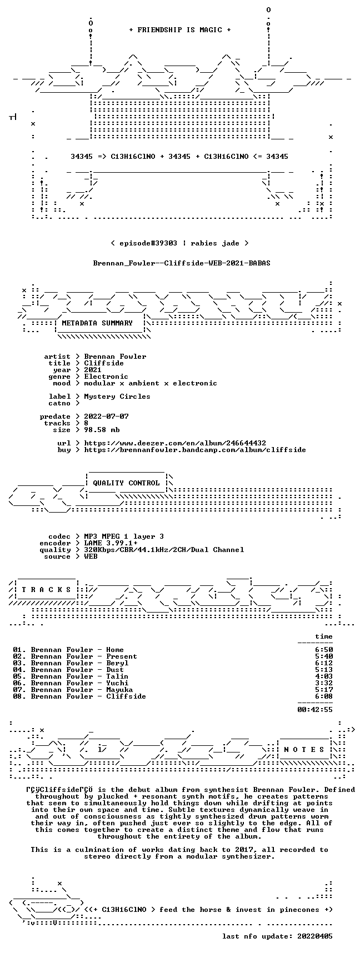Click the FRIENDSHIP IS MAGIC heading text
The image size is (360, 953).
point(179,30)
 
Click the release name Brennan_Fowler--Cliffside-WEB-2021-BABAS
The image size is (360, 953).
point(182,263)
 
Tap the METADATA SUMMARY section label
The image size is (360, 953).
point(97,323)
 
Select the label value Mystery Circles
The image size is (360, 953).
point(117,397)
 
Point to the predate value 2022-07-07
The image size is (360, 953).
point(106,417)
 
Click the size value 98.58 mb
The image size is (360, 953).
point(102,430)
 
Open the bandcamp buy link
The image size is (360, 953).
point(195,450)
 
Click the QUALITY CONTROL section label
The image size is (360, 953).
point(126,483)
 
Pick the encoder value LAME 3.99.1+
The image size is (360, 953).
point(111,543)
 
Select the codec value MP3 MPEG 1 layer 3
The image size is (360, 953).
point(124,536)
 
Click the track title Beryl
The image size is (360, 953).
point(117,663)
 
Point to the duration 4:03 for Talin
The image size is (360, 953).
point(324,676)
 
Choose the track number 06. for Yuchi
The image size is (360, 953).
point(19,683)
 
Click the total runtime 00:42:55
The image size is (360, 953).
point(315,709)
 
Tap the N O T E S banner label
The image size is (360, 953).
point(304,750)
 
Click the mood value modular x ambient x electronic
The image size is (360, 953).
point(151,383)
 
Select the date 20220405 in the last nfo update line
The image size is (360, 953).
point(315,936)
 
